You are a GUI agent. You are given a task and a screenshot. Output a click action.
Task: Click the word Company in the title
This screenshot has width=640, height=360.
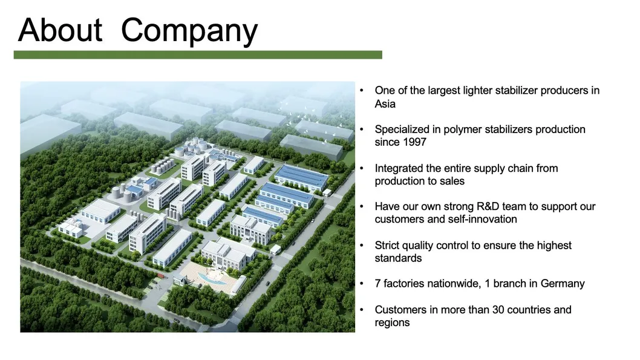pos(189,31)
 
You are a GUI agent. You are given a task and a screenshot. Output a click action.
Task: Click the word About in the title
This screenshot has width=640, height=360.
pos(60,30)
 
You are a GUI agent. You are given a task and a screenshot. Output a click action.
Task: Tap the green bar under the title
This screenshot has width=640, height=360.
pos(198,54)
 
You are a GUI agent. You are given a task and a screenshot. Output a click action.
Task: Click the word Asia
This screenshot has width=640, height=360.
pos(385,103)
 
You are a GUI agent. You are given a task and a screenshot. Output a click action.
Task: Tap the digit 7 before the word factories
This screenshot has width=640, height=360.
pos(377,284)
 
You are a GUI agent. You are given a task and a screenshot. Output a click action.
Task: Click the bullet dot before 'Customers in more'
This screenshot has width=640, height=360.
pos(362,310)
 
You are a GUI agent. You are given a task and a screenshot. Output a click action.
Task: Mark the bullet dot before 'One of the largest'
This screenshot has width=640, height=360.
pos(362,90)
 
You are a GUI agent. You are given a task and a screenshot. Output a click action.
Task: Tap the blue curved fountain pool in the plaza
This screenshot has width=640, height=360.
pos(212,279)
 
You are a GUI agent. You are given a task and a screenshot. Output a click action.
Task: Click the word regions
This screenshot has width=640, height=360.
pos(392,323)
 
